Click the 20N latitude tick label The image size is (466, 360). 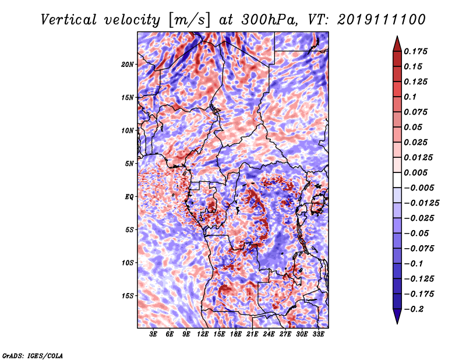pos(127,65)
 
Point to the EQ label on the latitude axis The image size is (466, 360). pos(129,197)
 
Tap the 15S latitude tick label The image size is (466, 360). pos(128,296)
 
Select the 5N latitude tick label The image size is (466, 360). pos(129,164)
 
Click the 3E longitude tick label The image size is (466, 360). pos(153,334)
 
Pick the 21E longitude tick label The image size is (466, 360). pos(252,334)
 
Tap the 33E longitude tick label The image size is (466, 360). pos(318,334)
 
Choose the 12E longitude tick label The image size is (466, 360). pos(202,334)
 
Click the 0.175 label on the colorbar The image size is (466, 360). pos(415,51)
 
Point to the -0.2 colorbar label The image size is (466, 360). pos(414,309)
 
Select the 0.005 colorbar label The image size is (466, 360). pos(415,172)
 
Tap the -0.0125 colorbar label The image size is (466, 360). pos(421,203)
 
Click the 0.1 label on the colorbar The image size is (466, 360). pos(410,97)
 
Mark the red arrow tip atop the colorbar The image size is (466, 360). pos(397,36)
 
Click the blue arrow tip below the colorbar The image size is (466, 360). pos(397,323)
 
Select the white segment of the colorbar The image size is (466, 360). pos(397,180)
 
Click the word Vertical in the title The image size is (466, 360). pos(69,20)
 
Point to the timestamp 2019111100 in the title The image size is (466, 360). pos(382,20)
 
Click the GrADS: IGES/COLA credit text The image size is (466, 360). pos(33,355)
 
